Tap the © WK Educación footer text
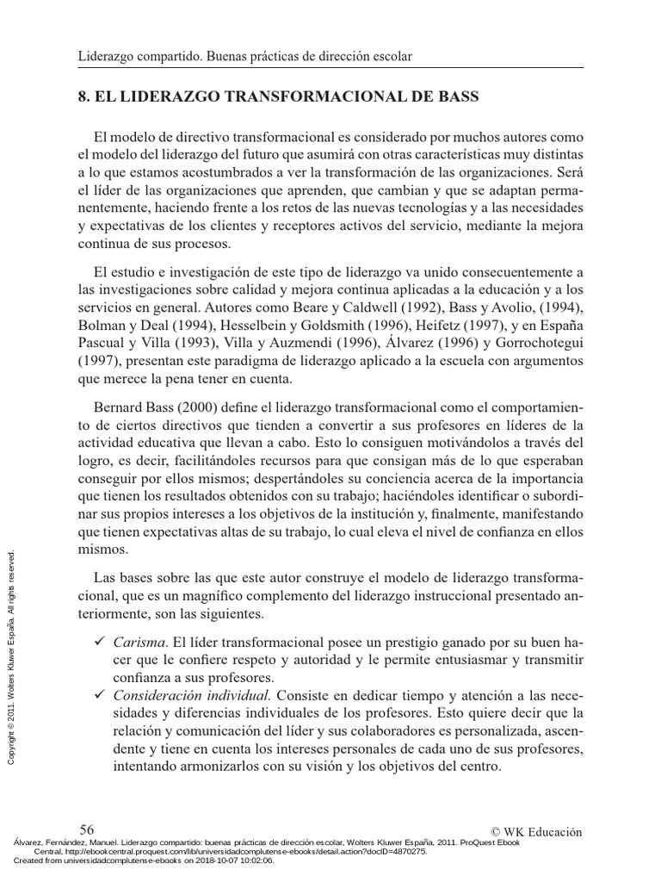535,831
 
